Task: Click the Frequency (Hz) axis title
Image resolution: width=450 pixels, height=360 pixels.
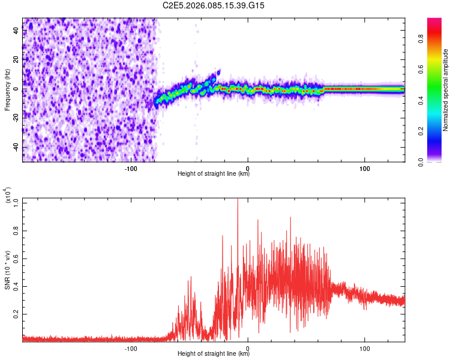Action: [7, 89]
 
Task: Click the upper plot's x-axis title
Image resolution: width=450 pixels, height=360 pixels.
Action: [214, 174]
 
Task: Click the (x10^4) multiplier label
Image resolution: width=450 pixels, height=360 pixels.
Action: [7, 196]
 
